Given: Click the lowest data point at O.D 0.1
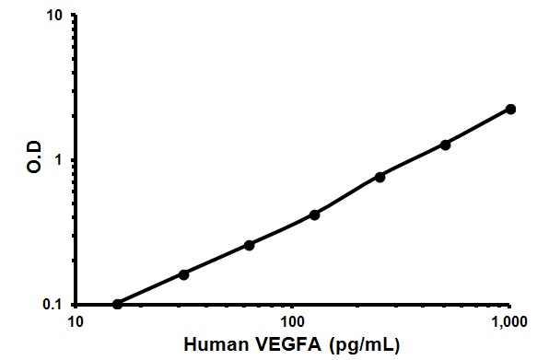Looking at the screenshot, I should coord(117,304).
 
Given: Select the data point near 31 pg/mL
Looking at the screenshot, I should coord(184,274).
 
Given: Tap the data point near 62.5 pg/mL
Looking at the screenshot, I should coord(250,245).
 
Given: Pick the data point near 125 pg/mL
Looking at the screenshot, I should coord(314,215).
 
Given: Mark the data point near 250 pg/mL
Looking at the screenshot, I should coord(380,177).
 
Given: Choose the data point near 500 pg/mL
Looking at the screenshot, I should coord(445,145).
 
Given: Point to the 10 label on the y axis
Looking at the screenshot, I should coord(55,17).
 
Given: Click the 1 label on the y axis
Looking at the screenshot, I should coord(59,160).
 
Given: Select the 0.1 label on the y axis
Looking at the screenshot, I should coord(53,305).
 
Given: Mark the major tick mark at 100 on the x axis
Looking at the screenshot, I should coord(293,308).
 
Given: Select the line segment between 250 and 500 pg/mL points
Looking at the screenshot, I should coord(413,160).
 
